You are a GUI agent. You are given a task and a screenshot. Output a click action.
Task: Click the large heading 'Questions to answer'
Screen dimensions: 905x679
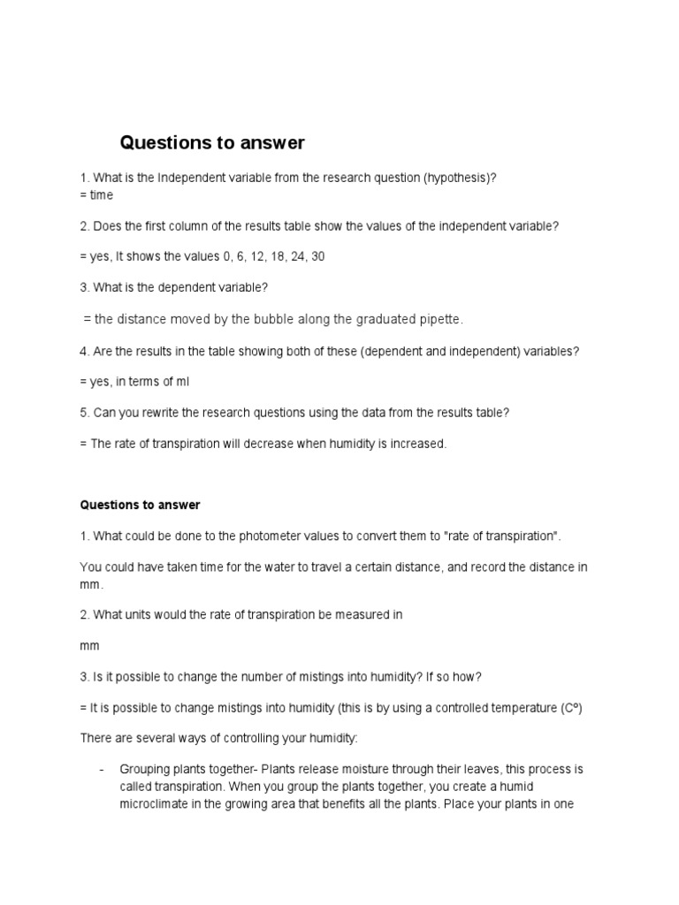(212, 142)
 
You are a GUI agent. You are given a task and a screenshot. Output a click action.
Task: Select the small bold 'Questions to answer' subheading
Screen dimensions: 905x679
(140, 506)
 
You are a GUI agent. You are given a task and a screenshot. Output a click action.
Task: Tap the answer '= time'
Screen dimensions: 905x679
(96, 194)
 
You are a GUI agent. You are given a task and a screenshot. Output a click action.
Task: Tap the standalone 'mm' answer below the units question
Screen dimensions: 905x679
(89, 646)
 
